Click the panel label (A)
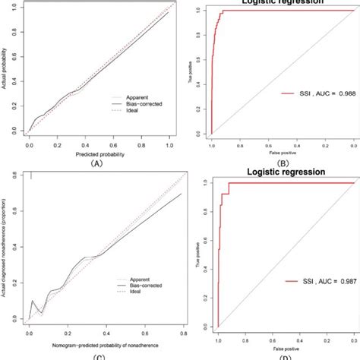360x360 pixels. (96, 162)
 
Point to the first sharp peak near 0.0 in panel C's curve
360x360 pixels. (33, 301)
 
